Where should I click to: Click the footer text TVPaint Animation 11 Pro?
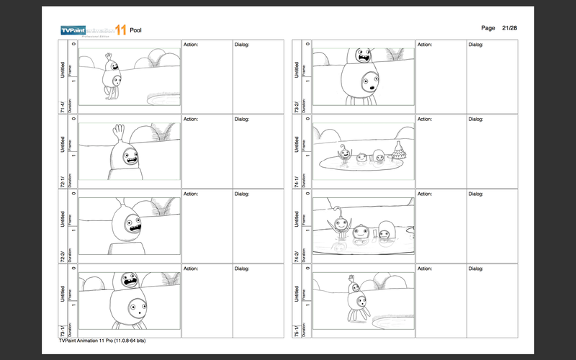tap(104, 341)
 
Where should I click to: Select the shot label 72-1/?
tap(63, 181)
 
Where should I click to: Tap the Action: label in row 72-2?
tap(191, 194)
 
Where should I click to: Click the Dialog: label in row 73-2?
tap(477, 45)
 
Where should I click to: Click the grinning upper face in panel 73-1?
tap(129, 279)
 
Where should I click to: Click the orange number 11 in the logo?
tap(120, 30)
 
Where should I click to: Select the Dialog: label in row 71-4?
tap(242, 45)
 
